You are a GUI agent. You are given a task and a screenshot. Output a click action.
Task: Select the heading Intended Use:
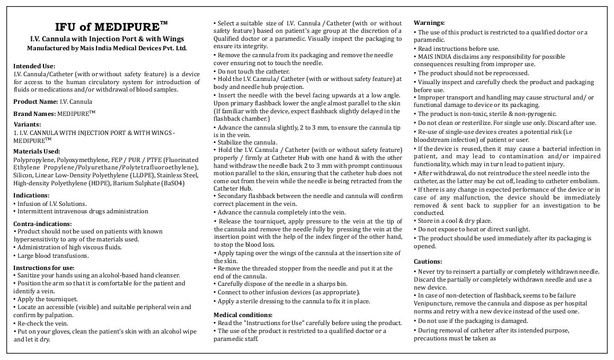[x=34, y=65]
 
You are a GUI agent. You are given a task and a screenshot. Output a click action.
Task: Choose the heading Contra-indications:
[x=42, y=224]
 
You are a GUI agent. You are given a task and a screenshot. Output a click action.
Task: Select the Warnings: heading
[x=429, y=23]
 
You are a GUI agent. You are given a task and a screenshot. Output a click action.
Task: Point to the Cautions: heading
[x=428, y=262]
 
